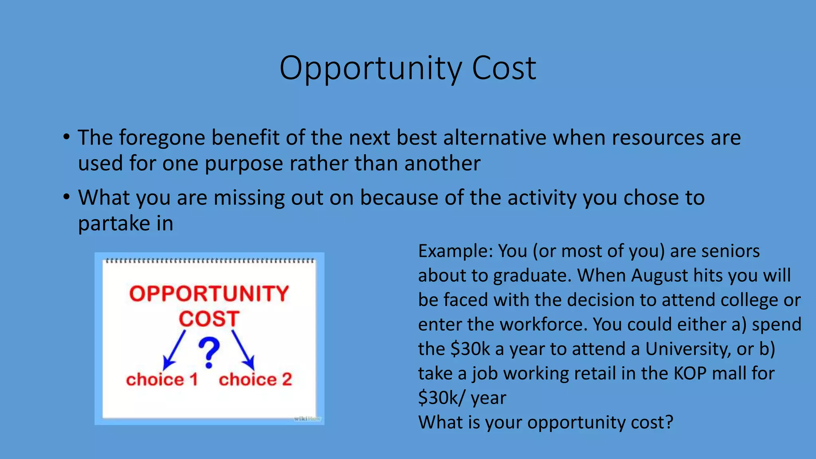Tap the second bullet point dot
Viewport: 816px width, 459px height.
click(67, 197)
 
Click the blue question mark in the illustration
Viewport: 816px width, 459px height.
click(209, 352)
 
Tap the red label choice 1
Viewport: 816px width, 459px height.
click(162, 379)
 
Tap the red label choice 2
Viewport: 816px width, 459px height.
click(255, 379)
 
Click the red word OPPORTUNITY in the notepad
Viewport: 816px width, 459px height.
click(209, 294)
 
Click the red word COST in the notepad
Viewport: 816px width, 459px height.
click(209, 319)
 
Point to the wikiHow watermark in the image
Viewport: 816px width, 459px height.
click(307, 419)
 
